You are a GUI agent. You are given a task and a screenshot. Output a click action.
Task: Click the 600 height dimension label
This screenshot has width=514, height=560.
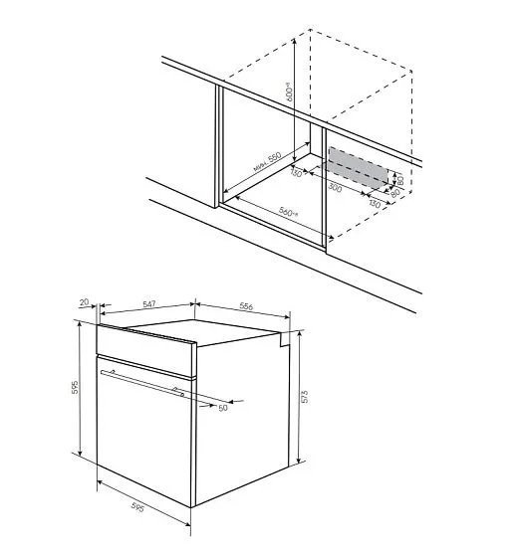coord(291,93)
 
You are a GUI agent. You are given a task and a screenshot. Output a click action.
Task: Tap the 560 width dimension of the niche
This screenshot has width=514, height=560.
coord(289,213)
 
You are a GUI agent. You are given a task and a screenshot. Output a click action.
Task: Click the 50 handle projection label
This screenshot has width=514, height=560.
coord(222,407)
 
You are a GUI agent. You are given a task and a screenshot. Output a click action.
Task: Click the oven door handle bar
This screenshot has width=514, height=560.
coord(144,383)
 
